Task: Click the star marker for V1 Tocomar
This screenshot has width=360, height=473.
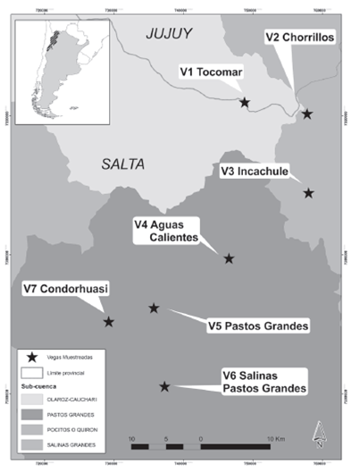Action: (245, 103)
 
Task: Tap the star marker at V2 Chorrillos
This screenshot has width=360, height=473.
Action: (307, 114)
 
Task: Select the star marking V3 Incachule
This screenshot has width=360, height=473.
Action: (308, 193)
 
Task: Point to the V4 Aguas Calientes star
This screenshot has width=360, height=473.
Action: (229, 258)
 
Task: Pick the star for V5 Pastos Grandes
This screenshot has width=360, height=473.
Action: (154, 308)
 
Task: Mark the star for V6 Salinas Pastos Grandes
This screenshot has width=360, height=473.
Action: (164, 386)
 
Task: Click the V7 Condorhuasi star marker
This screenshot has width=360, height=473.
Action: (109, 322)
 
